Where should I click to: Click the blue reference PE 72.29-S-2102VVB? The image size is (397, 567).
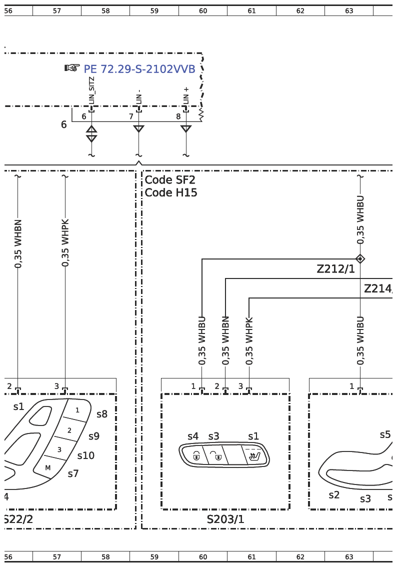click(x=139, y=68)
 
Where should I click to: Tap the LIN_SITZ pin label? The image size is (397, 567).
click(x=91, y=90)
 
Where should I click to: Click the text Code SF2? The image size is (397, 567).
click(x=170, y=179)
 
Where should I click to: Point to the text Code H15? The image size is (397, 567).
click(x=171, y=192)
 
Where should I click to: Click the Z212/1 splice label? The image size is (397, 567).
click(x=336, y=269)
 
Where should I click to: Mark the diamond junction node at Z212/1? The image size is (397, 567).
click(x=360, y=259)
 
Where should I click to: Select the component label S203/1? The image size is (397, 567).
click(x=225, y=519)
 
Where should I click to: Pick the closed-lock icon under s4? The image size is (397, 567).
click(x=196, y=455)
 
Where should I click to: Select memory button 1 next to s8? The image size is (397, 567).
click(x=76, y=410)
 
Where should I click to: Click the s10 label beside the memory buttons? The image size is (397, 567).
click(x=85, y=455)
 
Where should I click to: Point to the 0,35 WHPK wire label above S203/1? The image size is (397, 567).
click(x=249, y=341)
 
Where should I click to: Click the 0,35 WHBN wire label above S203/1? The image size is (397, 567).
click(x=225, y=341)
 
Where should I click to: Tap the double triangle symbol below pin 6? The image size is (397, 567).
click(x=91, y=134)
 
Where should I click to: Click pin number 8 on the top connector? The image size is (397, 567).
click(x=178, y=116)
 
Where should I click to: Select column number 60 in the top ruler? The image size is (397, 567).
click(x=203, y=11)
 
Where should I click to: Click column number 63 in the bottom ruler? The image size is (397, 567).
click(x=349, y=557)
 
